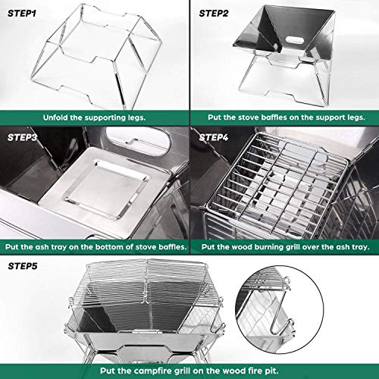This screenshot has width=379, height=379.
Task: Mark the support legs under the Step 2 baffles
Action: coord(284,83)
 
